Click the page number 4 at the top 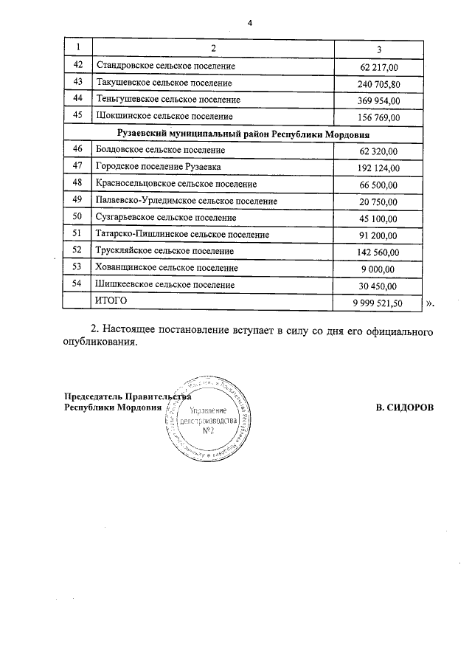tap(250, 24)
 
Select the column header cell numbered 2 tap(213, 49)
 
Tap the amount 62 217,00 tap(378, 67)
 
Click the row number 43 tap(77, 83)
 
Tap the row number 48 tap(77, 183)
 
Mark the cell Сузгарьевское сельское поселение tap(166, 218)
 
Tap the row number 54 tap(77, 285)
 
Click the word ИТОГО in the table tap(111, 301)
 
